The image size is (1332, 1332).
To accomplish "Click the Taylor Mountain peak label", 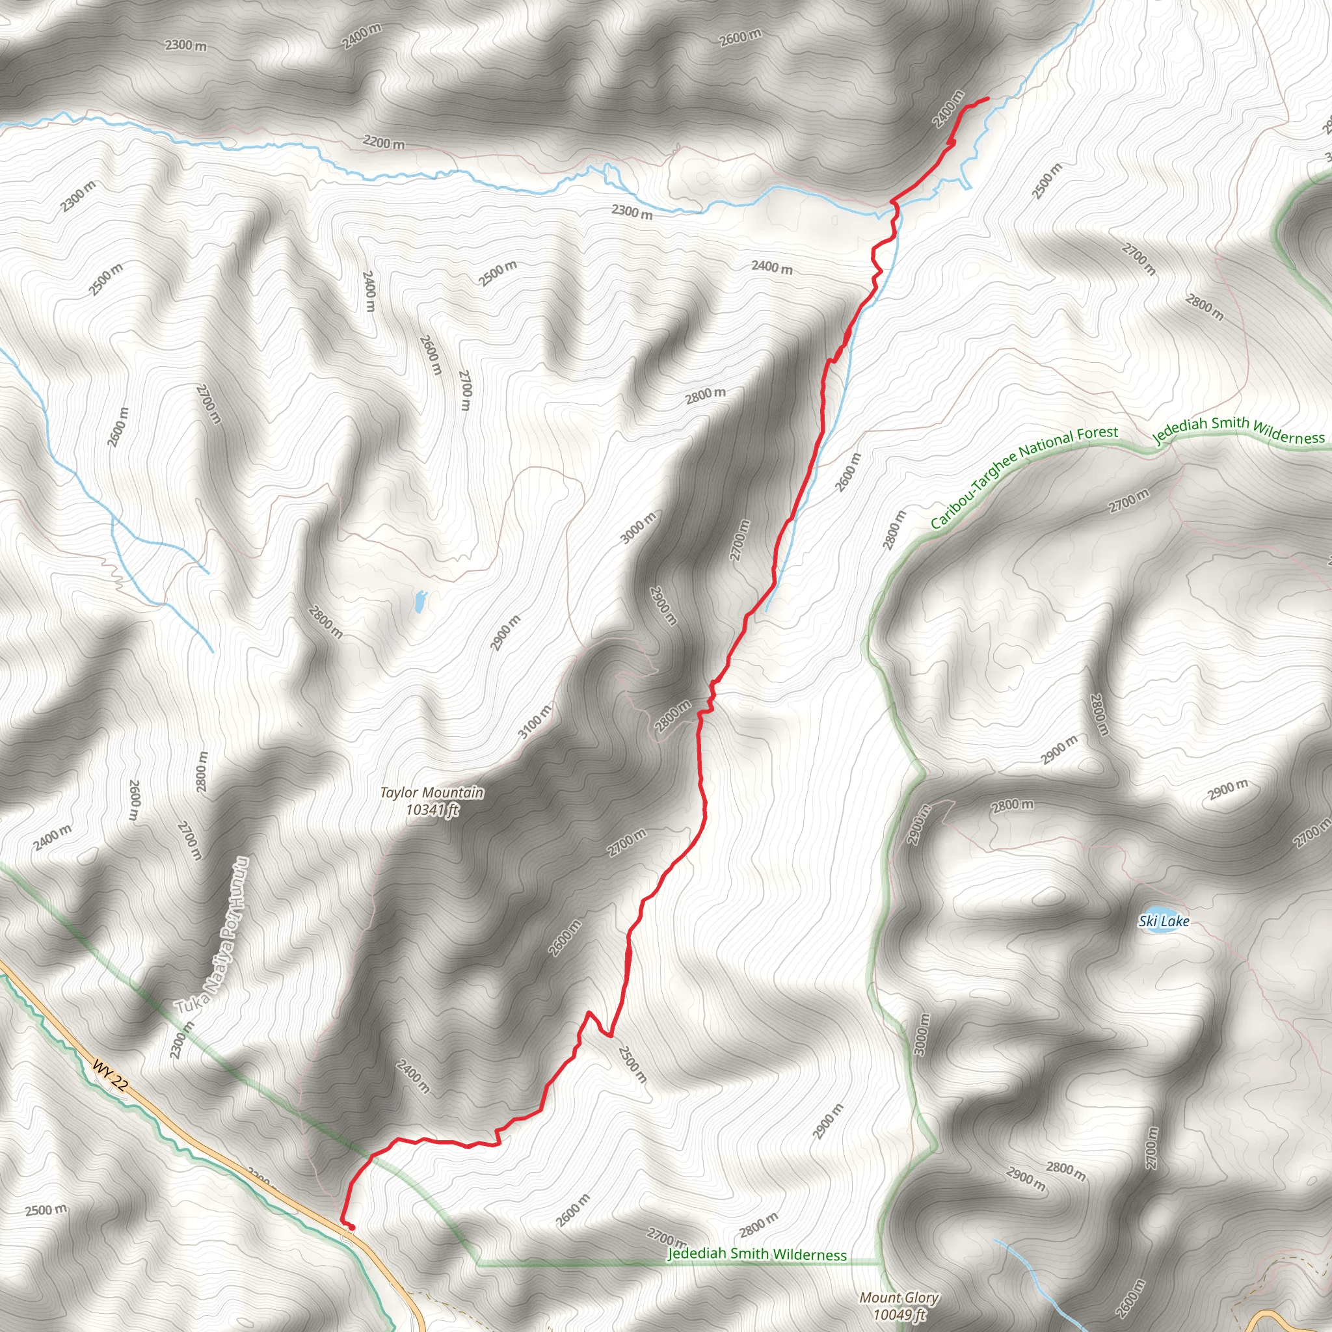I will [432, 793].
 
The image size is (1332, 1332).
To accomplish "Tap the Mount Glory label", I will [898, 1298].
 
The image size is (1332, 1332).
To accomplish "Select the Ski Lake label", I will [1164, 921].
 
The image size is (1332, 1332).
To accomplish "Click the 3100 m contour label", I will [535, 722].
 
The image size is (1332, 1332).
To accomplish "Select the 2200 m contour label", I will [384, 143].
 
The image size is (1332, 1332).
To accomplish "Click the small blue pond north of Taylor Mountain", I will [418, 601].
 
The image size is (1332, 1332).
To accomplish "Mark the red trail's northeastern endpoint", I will [988, 99].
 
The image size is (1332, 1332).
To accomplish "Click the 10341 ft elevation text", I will [433, 810].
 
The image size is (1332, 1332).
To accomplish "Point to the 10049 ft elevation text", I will [899, 1314].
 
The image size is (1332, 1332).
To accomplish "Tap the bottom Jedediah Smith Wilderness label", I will [756, 1253].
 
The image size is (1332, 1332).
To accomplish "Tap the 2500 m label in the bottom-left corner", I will [46, 1209].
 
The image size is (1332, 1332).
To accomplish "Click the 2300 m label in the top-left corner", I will [185, 46].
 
